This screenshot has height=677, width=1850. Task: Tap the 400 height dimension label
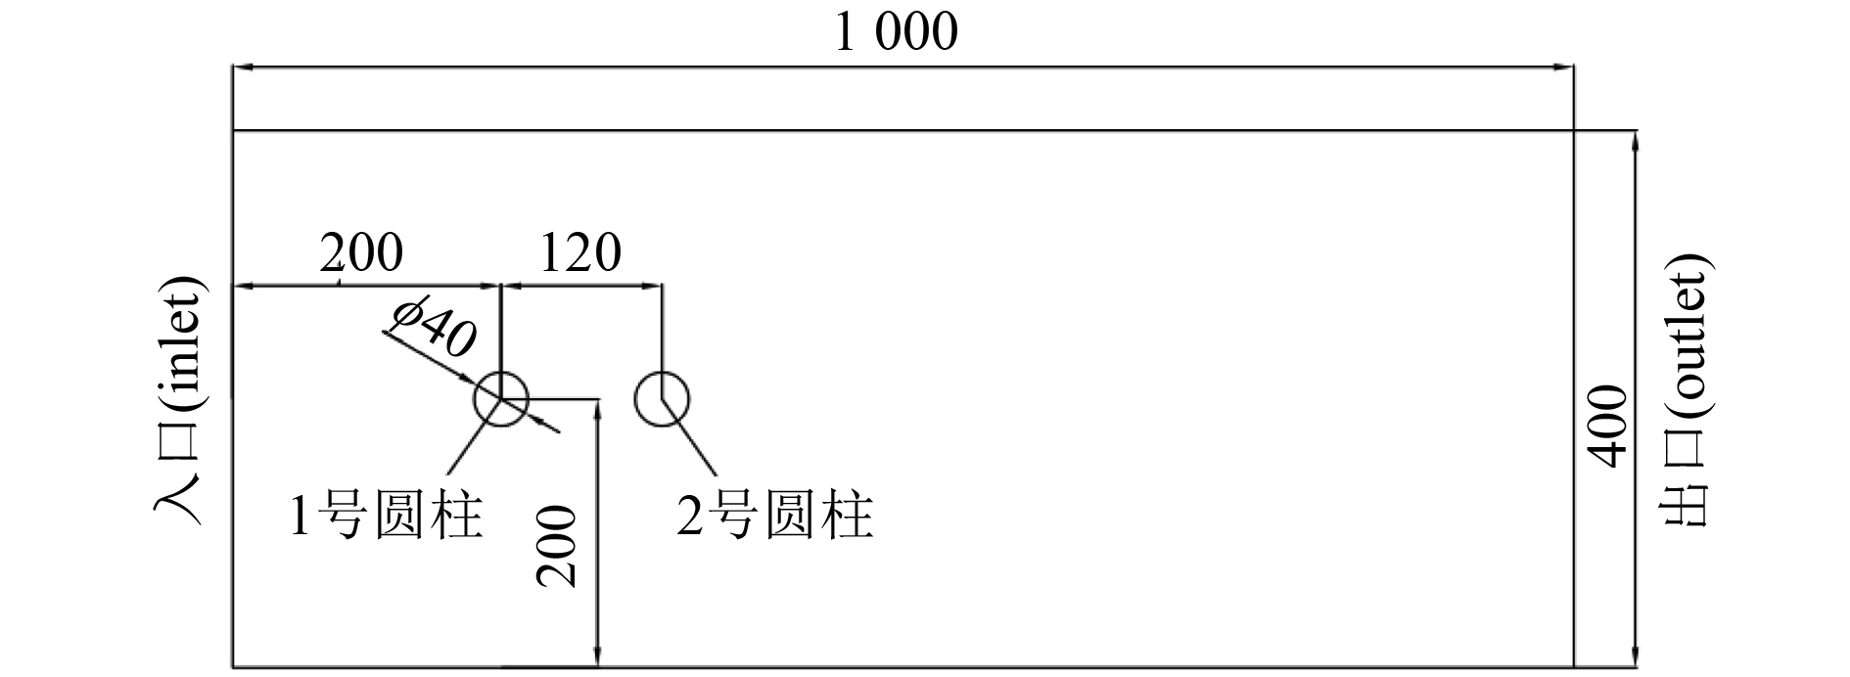[x=1606, y=427]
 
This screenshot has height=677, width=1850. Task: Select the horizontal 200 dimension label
[x=361, y=253]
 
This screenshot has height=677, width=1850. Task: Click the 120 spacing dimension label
[x=579, y=253]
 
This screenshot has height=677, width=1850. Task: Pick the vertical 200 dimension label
[x=556, y=546]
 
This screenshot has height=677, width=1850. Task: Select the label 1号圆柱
[x=387, y=516]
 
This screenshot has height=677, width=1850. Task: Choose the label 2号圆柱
[x=775, y=516]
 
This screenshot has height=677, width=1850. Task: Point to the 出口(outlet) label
[x=1687, y=391]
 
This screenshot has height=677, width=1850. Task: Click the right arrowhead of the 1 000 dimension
[x=1564, y=68]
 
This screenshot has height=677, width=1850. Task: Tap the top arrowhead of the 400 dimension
[x=1635, y=140]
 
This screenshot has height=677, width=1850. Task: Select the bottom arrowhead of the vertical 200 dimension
[x=597, y=657]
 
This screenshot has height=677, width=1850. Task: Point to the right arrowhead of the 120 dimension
[x=653, y=286]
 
